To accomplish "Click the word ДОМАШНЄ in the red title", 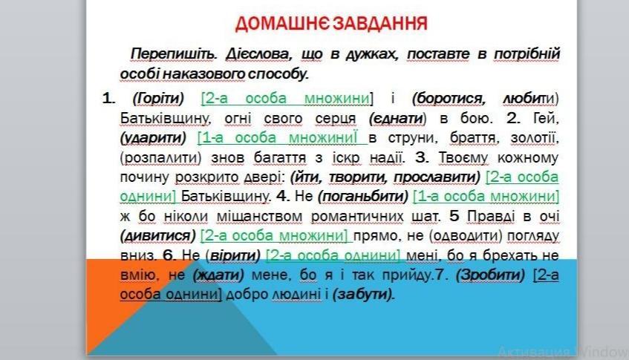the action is tap(282, 24).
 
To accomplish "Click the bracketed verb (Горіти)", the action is tap(158, 99).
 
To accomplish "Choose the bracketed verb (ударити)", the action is tap(153, 138).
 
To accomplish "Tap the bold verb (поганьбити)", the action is tap(363, 197).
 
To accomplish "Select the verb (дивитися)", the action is tap(158, 236).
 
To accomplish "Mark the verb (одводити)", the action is tap(466, 236).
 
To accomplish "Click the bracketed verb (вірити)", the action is tap(233, 255).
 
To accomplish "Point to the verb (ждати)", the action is tap(218, 275).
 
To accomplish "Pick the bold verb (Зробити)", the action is tap(490, 275).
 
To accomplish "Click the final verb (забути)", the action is tap(363, 295).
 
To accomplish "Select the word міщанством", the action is tap(259, 217).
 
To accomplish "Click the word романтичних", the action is tap(357, 217).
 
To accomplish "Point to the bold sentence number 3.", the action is tap(422, 157).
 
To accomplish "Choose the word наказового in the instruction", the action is tap(203, 74).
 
